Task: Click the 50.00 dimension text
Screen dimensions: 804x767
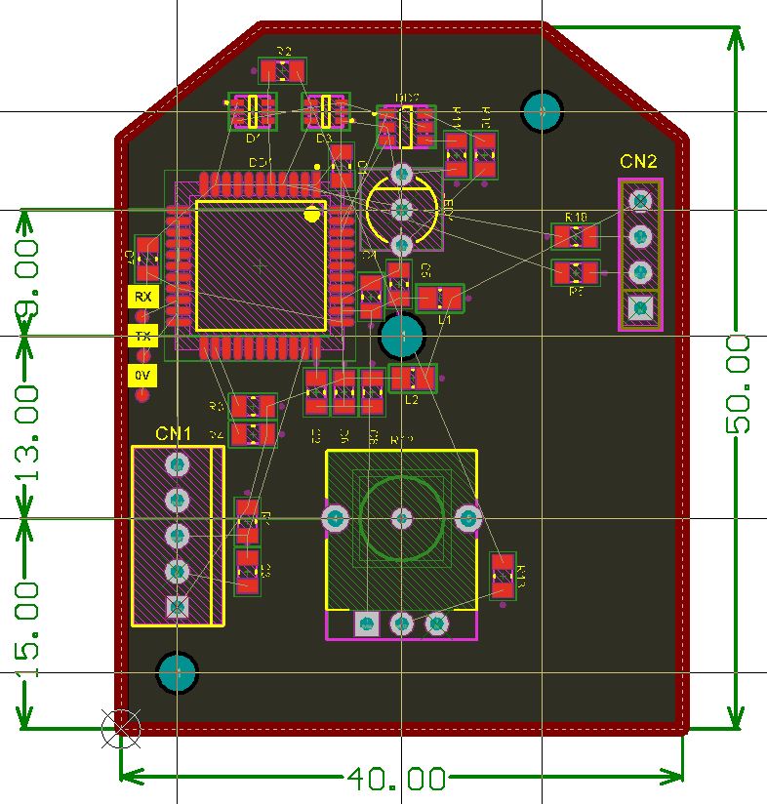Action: (x=738, y=382)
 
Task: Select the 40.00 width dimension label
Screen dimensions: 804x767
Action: (x=396, y=779)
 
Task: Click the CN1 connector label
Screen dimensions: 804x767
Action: (x=174, y=433)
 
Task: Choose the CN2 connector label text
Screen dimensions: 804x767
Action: (x=638, y=162)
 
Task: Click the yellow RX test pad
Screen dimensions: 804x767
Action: (x=143, y=297)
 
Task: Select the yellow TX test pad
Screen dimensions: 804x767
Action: (x=143, y=337)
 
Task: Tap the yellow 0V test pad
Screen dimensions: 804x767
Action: (x=143, y=376)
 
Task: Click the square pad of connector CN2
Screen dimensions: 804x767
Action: (x=640, y=307)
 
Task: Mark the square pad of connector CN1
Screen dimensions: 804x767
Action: (x=178, y=607)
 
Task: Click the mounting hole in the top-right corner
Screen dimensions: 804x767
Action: (x=542, y=112)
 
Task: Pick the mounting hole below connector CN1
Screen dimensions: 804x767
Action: (x=178, y=671)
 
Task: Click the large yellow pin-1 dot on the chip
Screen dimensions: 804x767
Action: (x=312, y=214)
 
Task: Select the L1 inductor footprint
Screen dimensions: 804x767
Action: (x=441, y=299)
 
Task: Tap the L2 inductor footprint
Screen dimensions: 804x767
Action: (x=412, y=377)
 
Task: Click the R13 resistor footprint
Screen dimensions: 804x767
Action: (x=503, y=576)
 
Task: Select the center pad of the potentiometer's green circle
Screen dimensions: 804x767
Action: (x=401, y=517)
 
